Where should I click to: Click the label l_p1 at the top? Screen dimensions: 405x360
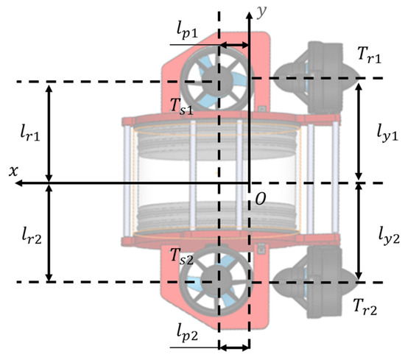(187, 32)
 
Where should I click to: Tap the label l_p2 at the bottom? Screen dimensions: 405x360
(187, 334)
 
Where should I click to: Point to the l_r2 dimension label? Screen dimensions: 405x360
(32, 236)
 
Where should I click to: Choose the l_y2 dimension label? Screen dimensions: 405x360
(389, 236)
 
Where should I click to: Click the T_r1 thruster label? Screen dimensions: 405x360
(369, 55)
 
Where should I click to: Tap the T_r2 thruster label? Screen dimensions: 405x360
(365, 307)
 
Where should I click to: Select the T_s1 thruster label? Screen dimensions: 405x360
(182, 106)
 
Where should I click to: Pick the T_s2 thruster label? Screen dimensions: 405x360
(182, 257)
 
